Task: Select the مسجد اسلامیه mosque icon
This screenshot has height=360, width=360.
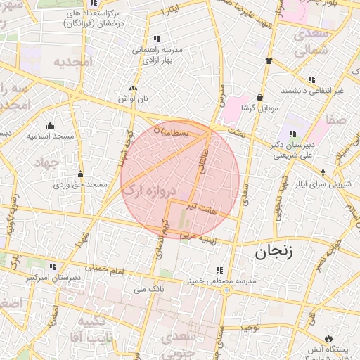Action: point(49,125)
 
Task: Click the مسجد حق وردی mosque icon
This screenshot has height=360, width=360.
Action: point(80,174)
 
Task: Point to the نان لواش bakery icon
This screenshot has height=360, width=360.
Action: point(133,88)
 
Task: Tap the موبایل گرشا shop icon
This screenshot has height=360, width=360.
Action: point(260,97)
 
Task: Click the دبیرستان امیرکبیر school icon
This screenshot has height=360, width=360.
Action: point(53,266)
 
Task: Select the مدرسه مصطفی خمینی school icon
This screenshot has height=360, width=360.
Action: point(220,270)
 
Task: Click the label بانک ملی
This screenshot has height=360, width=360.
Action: point(148,289)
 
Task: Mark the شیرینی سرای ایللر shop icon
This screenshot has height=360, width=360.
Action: point(323,172)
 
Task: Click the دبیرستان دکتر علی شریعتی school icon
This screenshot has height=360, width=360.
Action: point(292,134)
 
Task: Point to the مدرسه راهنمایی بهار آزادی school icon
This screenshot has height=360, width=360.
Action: point(157,39)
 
